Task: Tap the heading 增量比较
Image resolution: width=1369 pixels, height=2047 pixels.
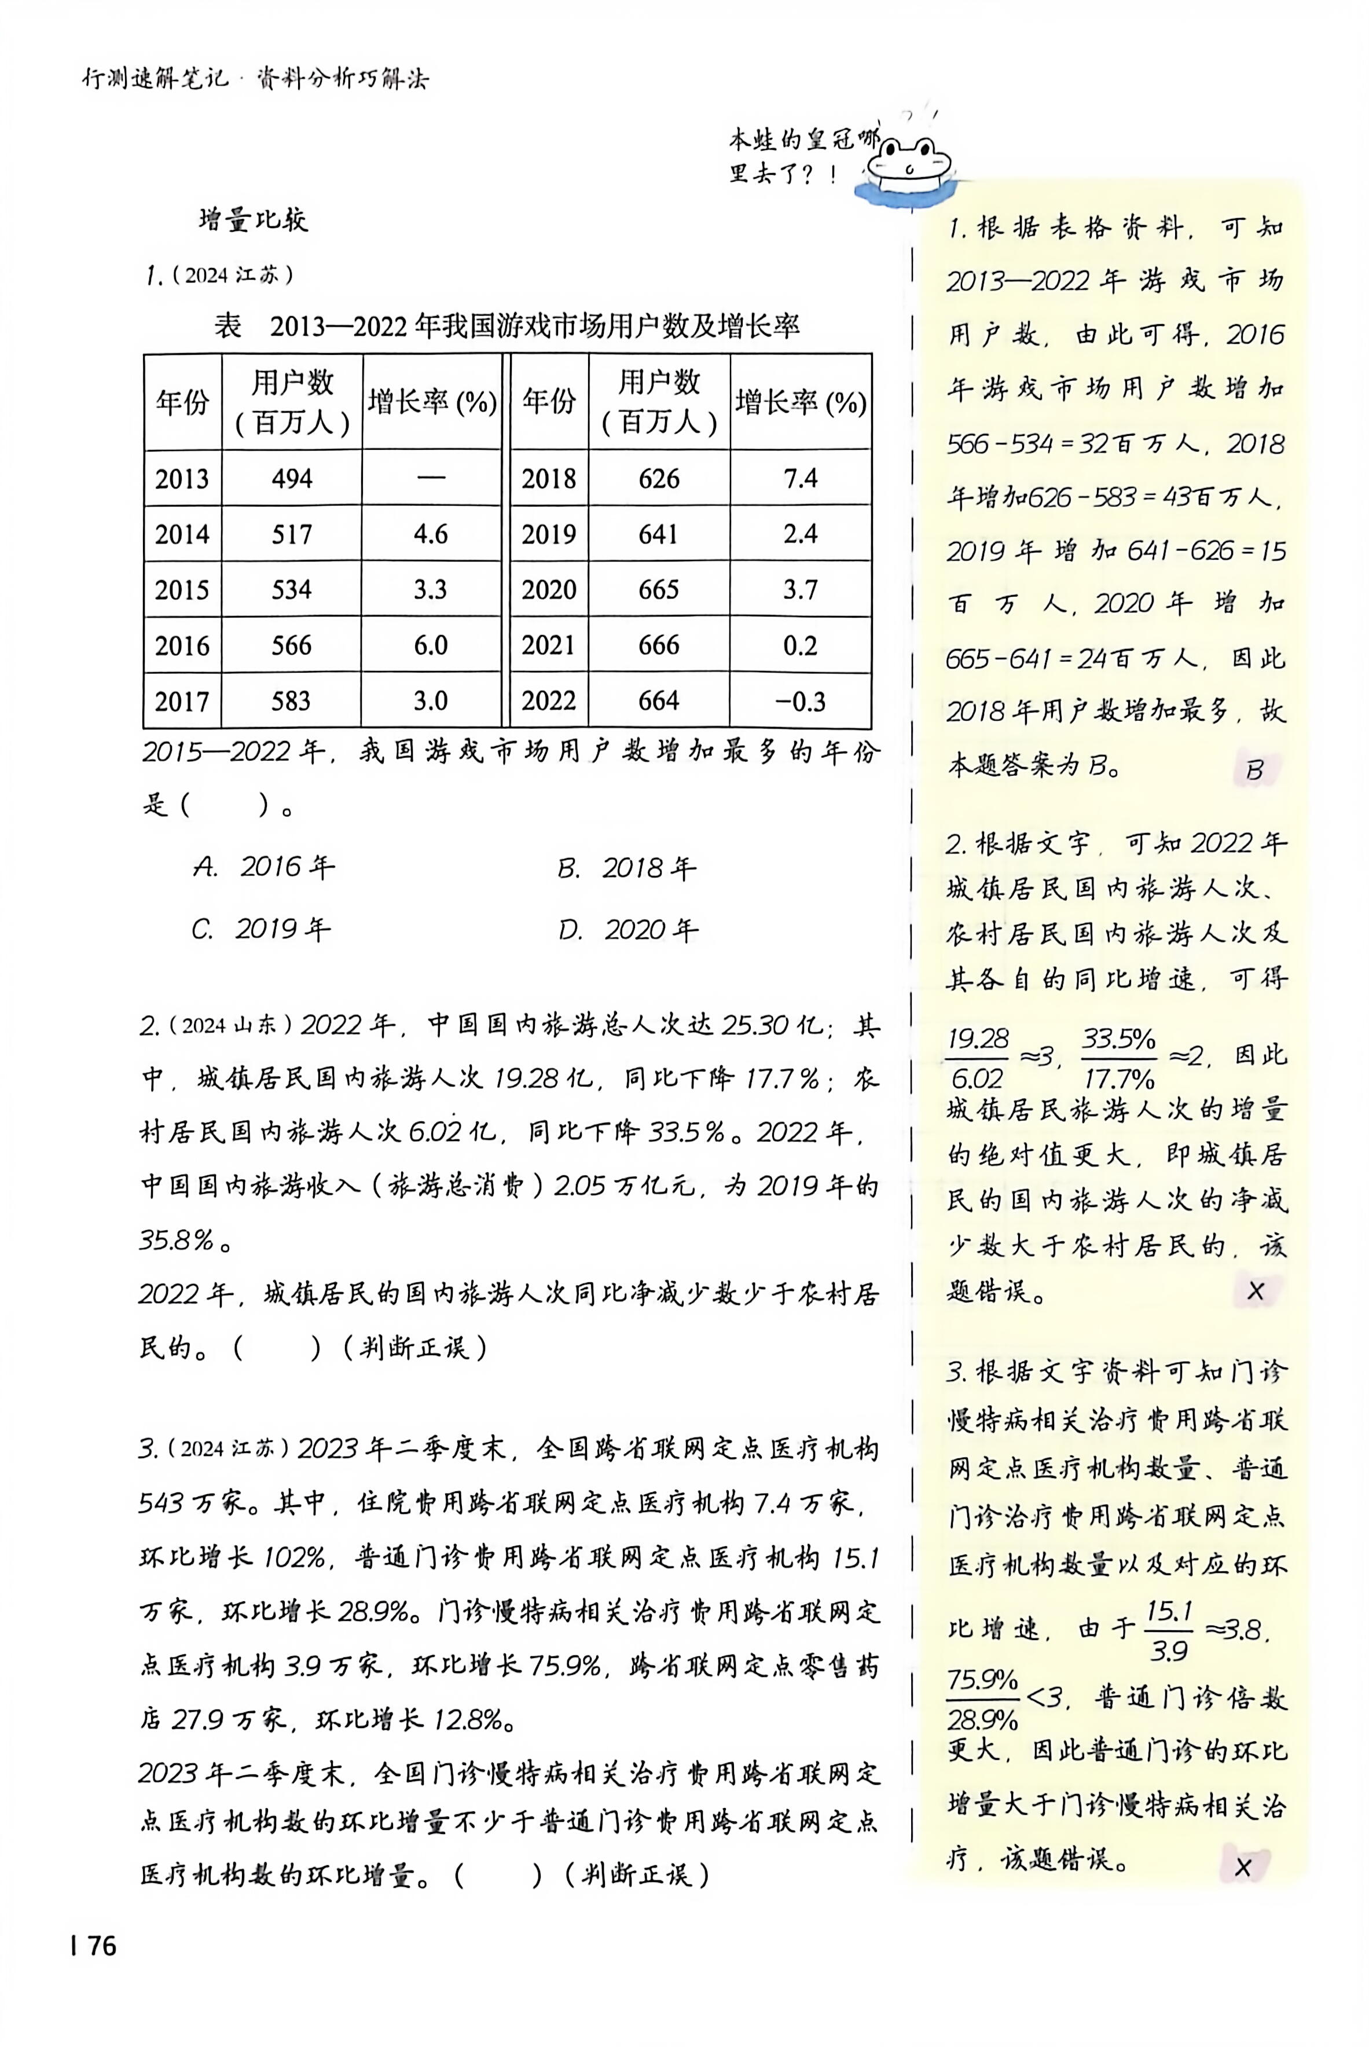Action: (x=253, y=219)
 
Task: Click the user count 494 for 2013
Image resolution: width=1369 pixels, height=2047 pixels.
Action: (x=292, y=478)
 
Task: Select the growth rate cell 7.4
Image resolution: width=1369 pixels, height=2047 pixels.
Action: (x=800, y=478)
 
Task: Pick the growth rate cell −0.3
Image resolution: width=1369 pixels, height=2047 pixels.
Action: (x=801, y=701)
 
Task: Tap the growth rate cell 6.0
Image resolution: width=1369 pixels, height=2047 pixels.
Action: (x=431, y=645)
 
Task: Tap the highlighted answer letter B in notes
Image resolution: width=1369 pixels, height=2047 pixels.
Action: (x=1254, y=770)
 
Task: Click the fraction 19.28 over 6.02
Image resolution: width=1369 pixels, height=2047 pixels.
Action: (x=978, y=1057)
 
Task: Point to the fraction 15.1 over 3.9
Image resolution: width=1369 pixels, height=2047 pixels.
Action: (x=1170, y=1630)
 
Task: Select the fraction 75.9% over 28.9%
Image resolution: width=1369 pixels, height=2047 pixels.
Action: (x=983, y=1699)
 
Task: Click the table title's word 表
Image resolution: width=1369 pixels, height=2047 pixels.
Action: (x=228, y=327)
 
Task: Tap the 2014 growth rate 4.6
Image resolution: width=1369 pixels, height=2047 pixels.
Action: (x=431, y=534)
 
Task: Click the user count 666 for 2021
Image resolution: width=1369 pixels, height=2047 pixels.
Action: (x=658, y=645)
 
